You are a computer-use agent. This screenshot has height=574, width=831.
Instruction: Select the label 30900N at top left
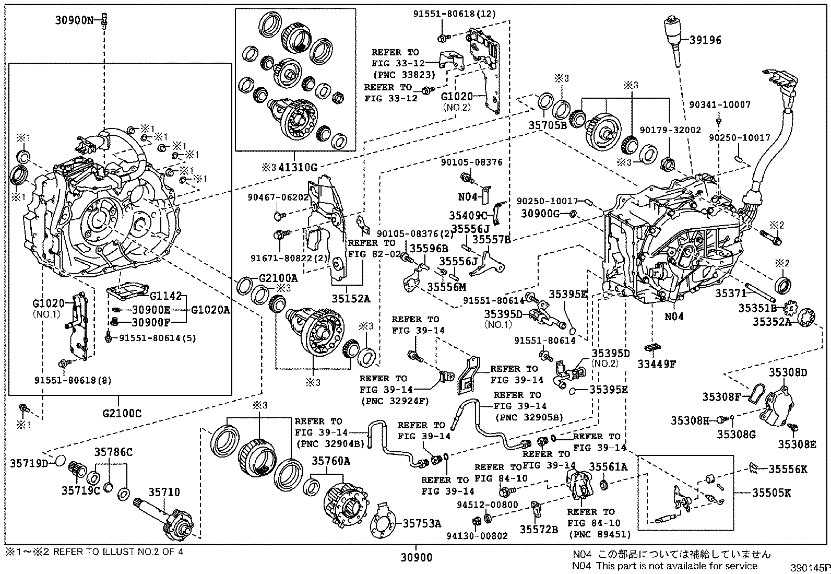pos(75,20)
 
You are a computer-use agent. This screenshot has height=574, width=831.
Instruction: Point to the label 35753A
pos(421,523)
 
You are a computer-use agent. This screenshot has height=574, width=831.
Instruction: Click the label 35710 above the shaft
pos(163,492)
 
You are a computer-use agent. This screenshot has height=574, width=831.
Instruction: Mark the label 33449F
pos(656,364)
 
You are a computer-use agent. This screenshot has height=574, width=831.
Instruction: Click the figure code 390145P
pos(809,567)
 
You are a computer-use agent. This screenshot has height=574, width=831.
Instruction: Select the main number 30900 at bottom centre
pos(416,557)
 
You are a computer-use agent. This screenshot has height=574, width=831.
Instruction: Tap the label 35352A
pos(771,322)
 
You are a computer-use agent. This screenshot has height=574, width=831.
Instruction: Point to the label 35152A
pos(351,298)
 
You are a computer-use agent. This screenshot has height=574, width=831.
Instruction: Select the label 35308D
pos(788,372)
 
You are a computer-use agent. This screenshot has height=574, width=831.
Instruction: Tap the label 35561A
pos(608,466)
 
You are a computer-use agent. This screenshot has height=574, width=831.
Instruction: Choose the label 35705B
pos(547,125)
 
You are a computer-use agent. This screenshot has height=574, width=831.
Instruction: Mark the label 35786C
pos(113,452)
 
